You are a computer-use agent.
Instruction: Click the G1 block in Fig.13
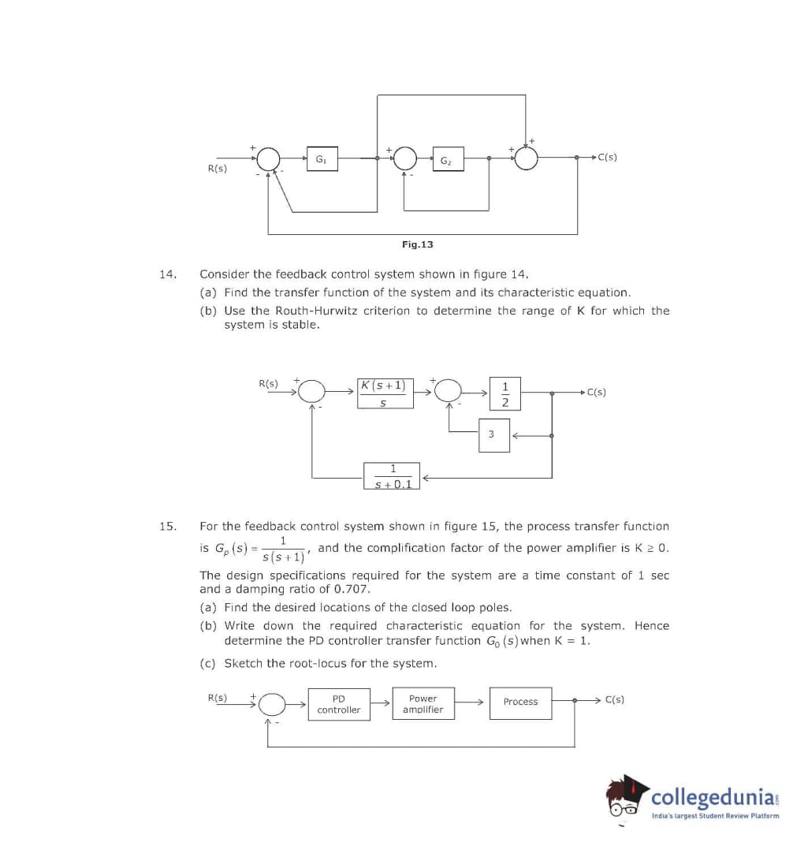tap(320, 158)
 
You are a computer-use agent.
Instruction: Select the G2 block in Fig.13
tap(445, 158)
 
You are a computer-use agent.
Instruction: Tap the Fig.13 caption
tap(417, 244)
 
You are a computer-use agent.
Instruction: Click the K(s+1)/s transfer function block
tap(383, 393)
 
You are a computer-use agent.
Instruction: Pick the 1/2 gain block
tap(505, 393)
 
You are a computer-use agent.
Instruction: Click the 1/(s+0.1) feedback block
tap(392, 476)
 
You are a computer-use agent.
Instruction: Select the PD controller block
tap(339, 704)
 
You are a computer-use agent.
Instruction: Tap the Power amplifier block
tap(423, 704)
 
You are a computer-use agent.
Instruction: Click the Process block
tap(520, 702)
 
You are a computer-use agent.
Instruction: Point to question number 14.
tap(167, 274)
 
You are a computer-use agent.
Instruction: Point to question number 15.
tap(167, 526)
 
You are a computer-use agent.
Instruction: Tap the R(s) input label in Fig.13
tap(217, 168)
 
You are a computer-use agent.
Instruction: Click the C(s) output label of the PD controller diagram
tap(615, 699)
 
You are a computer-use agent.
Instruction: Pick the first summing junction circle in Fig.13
tap(269, 158)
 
